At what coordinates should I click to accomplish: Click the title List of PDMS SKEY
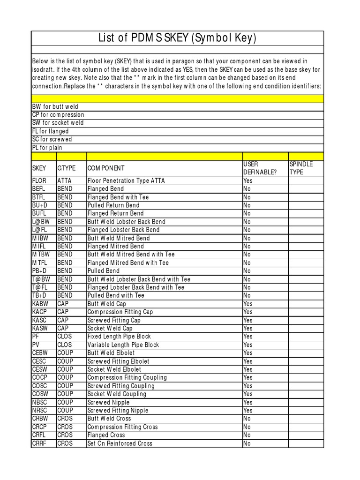click(177, 38)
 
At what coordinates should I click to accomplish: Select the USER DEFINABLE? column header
click(259, 168)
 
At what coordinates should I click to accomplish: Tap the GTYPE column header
click(66, 168)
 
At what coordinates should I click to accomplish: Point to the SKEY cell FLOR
click(39, 180)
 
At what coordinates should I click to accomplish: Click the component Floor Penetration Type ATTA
click(126, 180)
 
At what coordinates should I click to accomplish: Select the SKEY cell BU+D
click(39, 205)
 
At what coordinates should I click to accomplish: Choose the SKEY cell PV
click(36, 345)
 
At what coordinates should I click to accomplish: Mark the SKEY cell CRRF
click(40, 443)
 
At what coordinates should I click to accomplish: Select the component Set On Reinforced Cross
click(120, 443)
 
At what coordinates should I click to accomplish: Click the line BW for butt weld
click(55, 107)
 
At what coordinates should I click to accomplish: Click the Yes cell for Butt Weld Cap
click(247, 304)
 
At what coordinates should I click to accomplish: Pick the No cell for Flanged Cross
click(247, 435)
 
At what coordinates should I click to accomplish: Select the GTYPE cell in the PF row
click(65, 337)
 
